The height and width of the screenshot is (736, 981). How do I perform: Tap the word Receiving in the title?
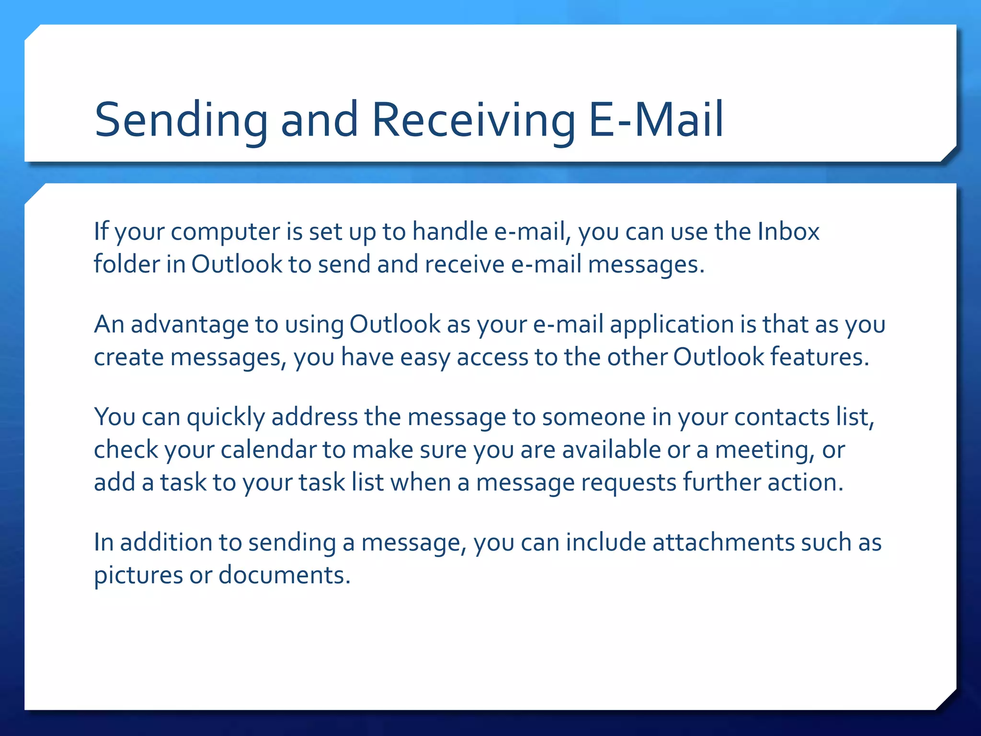click(473, 120)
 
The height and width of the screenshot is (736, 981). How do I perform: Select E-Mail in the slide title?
click(656, 120)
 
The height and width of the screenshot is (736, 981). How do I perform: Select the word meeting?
click(765, 450)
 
